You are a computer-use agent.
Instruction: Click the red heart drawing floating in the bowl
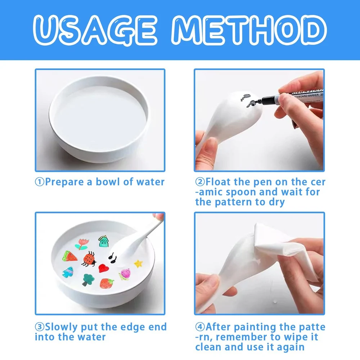(104, 268)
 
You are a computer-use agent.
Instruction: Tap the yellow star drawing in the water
(138, 264)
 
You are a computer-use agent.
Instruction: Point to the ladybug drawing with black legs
(89, 259)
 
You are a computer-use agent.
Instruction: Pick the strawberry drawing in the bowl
(107, 283)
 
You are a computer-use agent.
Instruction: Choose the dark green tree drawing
(88, 280)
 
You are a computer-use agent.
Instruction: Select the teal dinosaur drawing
(103, 241)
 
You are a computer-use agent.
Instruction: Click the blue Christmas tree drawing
(68, 272)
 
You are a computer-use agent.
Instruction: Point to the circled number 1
(40, 182)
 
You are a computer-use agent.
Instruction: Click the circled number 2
(200, 182)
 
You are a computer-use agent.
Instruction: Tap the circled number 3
(40, 327)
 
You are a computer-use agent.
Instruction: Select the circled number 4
(200, 327)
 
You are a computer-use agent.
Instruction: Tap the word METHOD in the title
(249, 30)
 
